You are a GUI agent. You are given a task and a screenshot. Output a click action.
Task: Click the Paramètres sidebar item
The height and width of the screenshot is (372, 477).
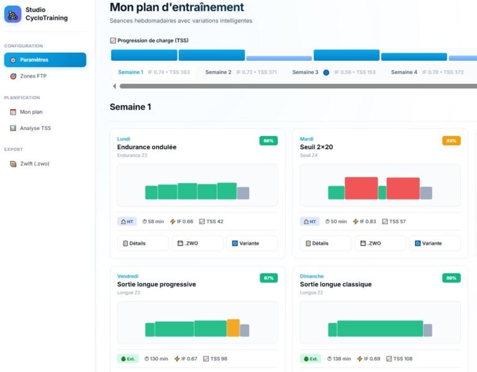click(45, 60)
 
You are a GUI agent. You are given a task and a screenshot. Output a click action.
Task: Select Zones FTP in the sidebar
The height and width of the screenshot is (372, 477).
click(45, 76)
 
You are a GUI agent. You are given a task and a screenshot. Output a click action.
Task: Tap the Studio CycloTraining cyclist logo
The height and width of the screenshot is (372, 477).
click(12, 14)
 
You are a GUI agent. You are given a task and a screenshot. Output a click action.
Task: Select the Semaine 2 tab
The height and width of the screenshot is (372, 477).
click(218, 72)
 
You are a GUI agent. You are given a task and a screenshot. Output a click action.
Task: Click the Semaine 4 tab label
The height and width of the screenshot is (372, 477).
click(404, 72)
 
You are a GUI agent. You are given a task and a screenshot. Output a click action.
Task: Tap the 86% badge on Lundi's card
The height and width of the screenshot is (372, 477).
click(268, 141)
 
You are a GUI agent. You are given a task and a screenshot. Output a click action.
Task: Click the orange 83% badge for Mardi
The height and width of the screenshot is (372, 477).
click(452, 141)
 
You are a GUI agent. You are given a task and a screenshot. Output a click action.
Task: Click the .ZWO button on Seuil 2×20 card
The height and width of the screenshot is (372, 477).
click(381, 243)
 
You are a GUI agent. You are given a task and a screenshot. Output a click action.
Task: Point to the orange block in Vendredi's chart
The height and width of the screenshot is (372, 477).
click(233, 328)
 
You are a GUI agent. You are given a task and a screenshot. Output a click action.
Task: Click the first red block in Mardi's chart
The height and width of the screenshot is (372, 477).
click(361, 188)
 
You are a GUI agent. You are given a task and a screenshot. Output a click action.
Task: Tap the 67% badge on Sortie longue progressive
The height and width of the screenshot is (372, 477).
click(268, 278)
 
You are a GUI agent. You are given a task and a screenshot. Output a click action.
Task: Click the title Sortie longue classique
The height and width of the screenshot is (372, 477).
click(335, 284)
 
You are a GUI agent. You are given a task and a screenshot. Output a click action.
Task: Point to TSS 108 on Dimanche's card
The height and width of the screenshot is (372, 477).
click(400, 358)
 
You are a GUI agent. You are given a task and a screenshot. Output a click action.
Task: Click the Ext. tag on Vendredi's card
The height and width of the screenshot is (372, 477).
click(128, 358)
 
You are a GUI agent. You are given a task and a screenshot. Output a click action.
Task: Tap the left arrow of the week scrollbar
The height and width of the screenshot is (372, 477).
click(114, 86)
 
